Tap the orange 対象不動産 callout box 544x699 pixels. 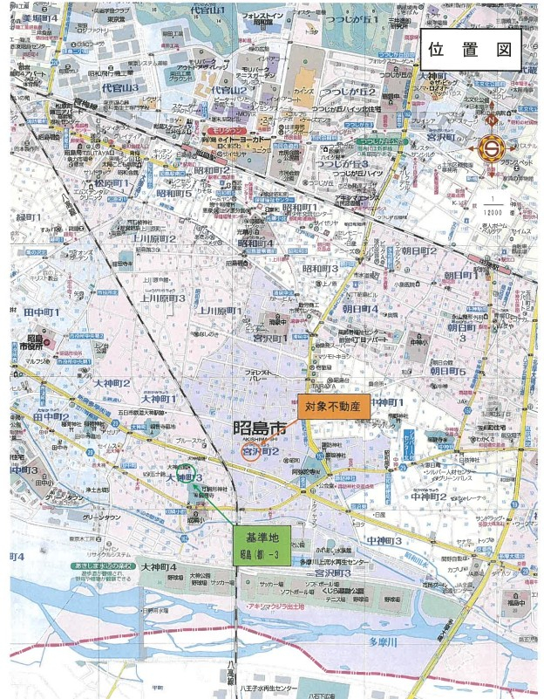point(334,406)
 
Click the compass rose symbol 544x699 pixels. point(493,147)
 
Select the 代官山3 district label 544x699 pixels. point(119,88)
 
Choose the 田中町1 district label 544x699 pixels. point(41,312)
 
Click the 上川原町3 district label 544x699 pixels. point(162,298)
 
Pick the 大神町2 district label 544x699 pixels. point(110,382)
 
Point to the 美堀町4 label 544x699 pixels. point(41,17)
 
